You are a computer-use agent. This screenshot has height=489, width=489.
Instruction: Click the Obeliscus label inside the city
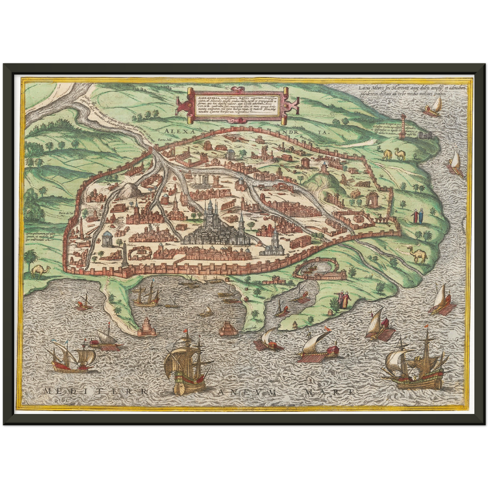click(x=130, y=244)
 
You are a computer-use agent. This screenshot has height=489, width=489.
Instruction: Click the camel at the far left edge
click(x=41, y=271)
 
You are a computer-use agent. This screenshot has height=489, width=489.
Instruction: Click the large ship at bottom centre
click(x=187, y=367)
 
